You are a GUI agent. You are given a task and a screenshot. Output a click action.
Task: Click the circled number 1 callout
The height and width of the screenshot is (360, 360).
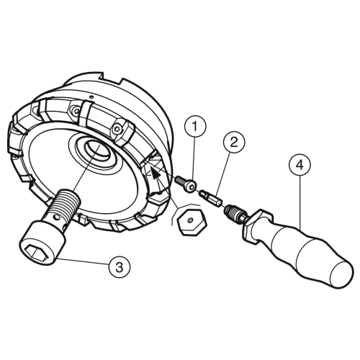pyautogui.click(x=195, y=126)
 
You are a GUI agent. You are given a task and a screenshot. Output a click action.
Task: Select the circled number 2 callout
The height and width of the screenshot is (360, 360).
pyautogui.click(x=234, y=142)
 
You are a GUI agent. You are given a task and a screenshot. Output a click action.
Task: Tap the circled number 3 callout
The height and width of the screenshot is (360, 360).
pyautogui.click(x=120, y=266)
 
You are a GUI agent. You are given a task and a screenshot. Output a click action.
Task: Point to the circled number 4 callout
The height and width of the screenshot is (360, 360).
pyautogui.click(x=300, y=165)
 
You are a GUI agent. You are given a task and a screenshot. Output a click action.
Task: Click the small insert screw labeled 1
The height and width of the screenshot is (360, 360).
pyautogui.click(x=186, y=183)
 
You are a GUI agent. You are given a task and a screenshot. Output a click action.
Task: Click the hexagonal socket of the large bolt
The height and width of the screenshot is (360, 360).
pyautogui.click(x=37, y=253)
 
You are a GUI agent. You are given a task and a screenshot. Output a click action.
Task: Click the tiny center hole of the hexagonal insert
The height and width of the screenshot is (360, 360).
pyautogui.click(x=190, y=220)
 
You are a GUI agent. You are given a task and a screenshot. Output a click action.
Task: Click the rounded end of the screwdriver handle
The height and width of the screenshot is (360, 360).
pyautogui.click(x=341, y=274)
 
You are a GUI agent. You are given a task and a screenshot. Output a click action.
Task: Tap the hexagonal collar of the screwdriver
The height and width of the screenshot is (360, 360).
pyautogui.click(x=257, y=225)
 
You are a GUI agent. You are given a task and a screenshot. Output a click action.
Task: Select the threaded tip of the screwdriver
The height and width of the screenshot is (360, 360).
pyautogui.click(x=232, y=210)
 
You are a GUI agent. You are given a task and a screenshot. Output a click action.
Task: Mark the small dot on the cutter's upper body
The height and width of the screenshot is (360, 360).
pyautogui.click(x=91, y=97)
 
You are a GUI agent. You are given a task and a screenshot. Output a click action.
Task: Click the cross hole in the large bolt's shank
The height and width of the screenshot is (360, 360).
pyautogui.click(x=56, y=218)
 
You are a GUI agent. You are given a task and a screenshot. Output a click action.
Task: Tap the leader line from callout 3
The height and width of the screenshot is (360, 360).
pyautogui.click(x=83, y=262)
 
